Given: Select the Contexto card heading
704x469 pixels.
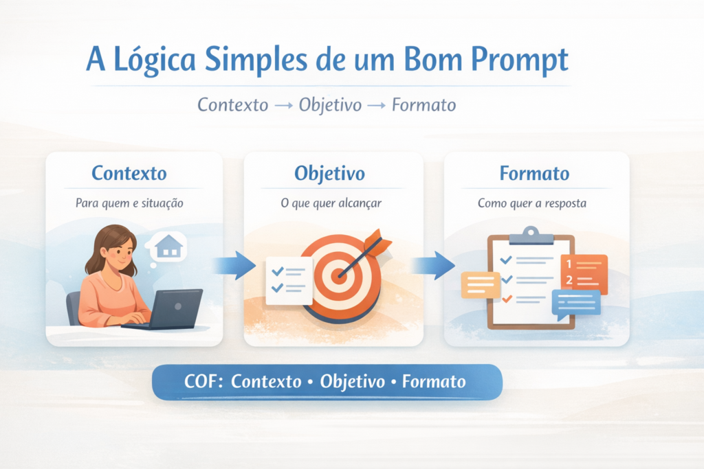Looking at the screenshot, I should [x=129, y=173].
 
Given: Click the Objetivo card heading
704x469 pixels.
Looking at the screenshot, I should [x=330, y=173].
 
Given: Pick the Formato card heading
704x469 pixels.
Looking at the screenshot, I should [x=534, y=173].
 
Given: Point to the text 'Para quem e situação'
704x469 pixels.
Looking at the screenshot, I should [x=129, y=203].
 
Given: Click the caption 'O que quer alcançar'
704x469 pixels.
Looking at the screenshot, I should [x=332, y=203].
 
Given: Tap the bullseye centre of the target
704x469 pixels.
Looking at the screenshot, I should [x=339, y=275].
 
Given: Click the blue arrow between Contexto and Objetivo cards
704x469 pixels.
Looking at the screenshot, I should [x=232, y=265].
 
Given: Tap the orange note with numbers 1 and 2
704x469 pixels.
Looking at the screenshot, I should [x=583, y=272].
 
